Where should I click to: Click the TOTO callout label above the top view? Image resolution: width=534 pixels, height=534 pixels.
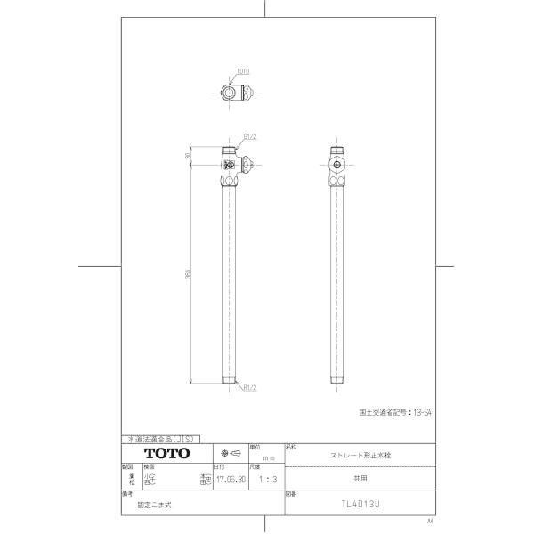[x=243, y=70]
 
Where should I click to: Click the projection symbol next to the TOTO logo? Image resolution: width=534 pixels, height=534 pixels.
[x=231, y=452]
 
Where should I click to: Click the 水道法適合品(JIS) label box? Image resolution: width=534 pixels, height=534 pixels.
[x=157, y=440]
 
